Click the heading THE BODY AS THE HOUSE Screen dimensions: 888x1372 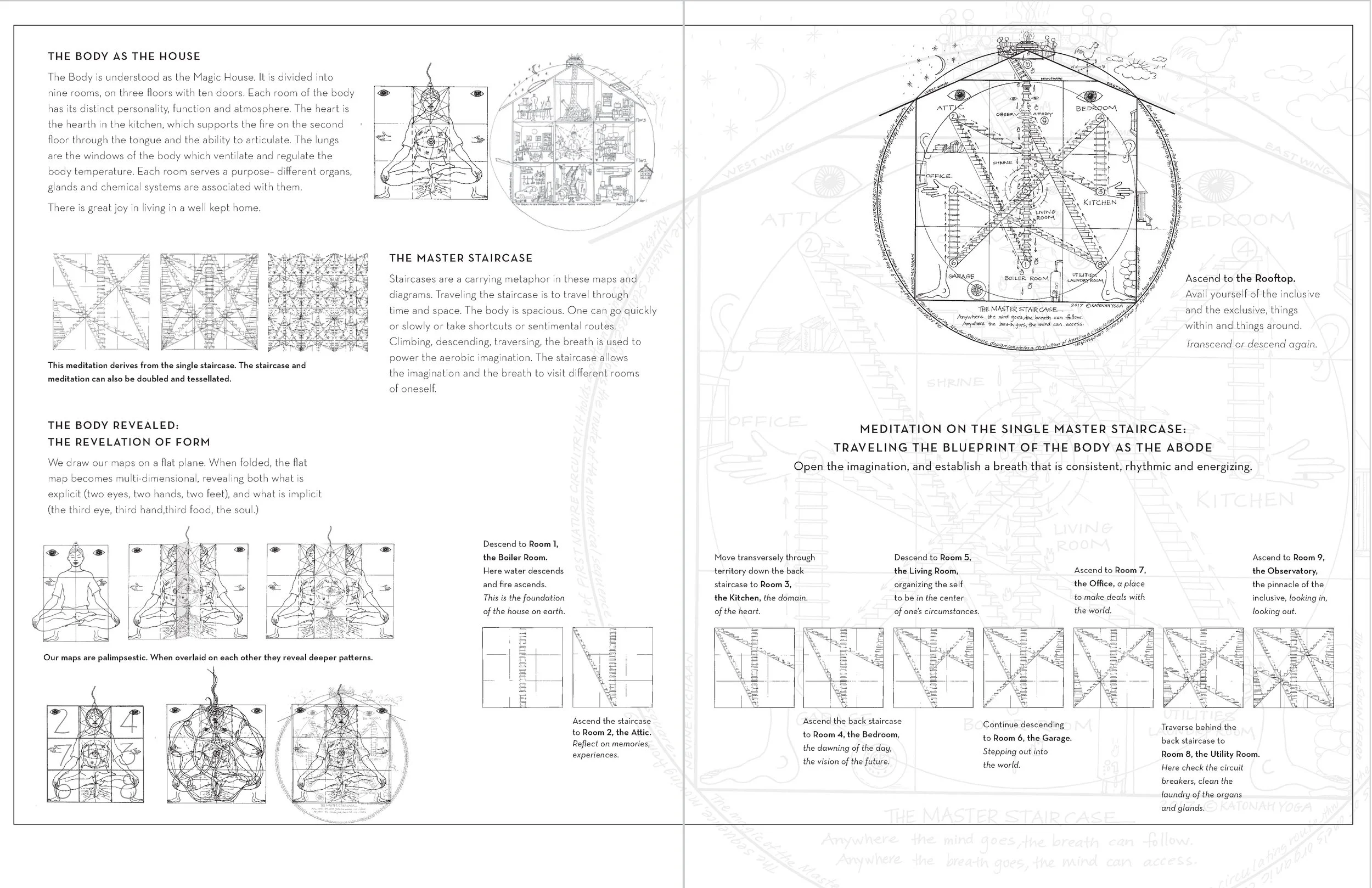click(x=124, y=56)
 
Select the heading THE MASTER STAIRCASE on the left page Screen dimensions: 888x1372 click(x=460, y=258)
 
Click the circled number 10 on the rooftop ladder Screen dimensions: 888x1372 click(x=1027, y=65)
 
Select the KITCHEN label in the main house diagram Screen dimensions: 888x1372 click(x=1099, y=203)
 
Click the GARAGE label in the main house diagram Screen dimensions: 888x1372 click(x=961, y=276)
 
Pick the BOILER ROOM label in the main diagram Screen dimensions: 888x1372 click(x=1026, y=278)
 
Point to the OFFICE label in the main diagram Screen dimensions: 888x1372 click(x=938, y=175)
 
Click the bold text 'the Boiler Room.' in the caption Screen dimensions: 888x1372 click(x=515, y=557)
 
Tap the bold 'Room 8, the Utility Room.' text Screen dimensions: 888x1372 click(x=1210, y=754)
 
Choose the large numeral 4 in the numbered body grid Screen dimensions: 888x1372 click(x=129, y=722)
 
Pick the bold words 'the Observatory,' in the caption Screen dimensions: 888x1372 click(x=1284, y=570)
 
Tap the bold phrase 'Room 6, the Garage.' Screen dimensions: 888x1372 click(x=1027, y=738)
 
